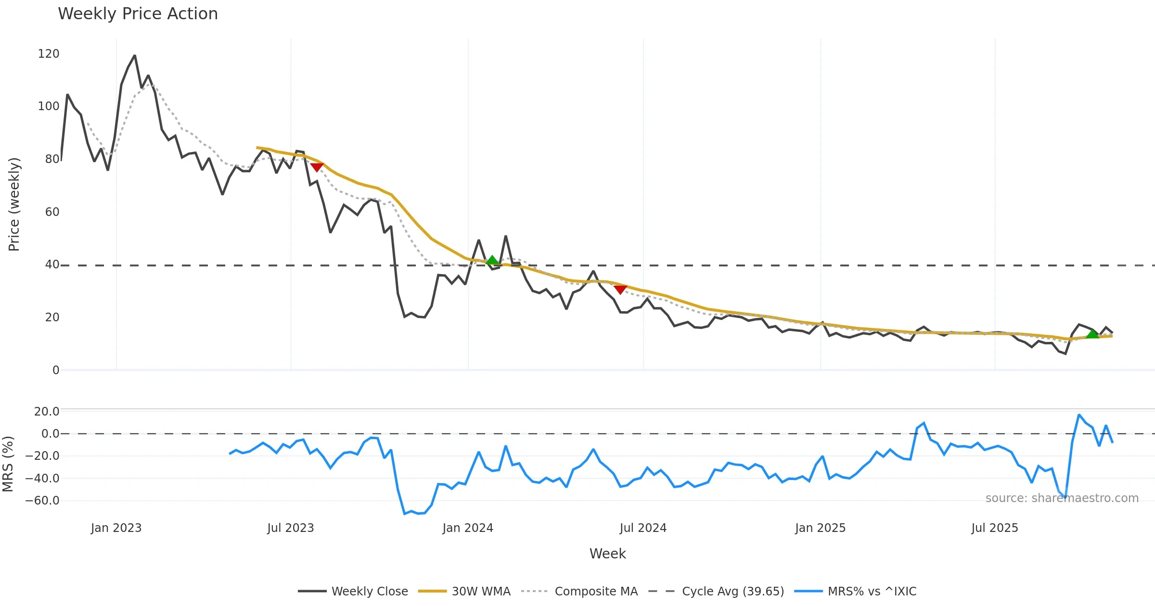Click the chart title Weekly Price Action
(138, 14)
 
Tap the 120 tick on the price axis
(49, 54)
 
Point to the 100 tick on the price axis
(49, 106)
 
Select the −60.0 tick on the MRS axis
(43, 501)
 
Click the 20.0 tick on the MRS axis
(47, 412)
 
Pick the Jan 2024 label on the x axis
(468, 528)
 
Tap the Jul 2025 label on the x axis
(995, 528)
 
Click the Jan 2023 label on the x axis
(116, 528)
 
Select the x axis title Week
(607, 554)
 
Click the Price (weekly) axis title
(14, 204)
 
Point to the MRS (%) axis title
(8, 464)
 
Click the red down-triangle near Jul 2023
(317, 167)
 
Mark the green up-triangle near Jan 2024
(492, 260)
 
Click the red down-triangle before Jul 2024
(620, 289)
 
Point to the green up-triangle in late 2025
(1092, 334)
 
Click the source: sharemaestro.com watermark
(1062, 498)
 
